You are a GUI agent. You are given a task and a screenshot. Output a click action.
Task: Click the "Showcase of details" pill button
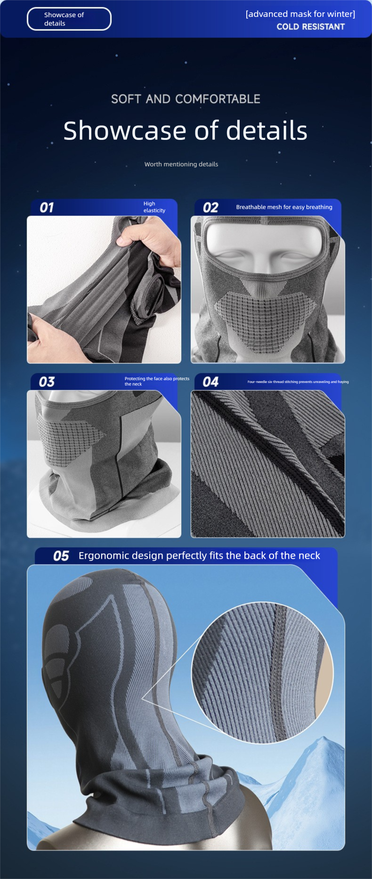(69, 19)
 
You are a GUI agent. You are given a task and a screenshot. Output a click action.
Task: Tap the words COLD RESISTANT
(311, 27)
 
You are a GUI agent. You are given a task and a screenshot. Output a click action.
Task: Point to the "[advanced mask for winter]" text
(300, 14)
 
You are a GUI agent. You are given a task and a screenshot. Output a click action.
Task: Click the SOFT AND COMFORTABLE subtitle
(186, 99)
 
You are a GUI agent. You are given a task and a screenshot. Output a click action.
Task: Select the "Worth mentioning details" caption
(181, 164)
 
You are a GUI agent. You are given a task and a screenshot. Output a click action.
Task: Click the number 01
(47, 208)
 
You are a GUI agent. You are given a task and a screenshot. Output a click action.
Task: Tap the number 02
(210, 208)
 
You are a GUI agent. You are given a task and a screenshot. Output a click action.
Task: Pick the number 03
(47, 382)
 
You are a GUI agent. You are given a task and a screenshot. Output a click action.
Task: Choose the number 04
(210, 382)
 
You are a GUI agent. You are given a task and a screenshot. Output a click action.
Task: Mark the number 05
(61, 556)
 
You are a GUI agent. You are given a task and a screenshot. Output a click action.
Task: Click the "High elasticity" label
(154, 207)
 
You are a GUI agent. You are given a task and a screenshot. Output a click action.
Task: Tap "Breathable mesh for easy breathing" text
(284, 207)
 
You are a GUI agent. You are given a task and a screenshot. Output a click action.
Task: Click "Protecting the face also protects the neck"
(157, 381)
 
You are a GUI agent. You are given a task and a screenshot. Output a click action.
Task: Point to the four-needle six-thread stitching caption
(298, 382)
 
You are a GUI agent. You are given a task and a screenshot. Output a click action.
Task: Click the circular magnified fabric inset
(262, 673)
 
